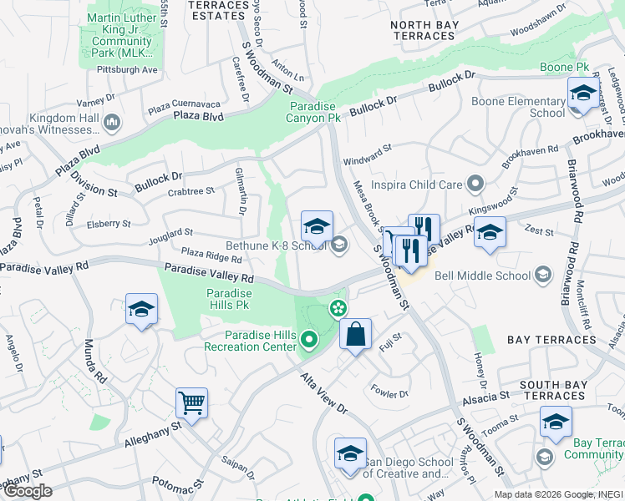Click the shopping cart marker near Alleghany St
191,403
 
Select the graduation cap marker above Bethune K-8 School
317,226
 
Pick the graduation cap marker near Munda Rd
141,309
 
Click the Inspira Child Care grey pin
476,182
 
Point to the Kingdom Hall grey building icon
112,124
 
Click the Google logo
28,491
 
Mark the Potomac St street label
178,483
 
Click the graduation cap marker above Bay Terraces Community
556,422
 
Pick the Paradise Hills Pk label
229,300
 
